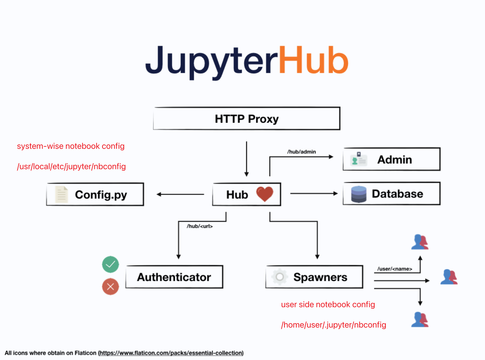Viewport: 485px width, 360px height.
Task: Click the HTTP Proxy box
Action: [x=247, y=119]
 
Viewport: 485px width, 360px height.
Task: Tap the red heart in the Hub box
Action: [x=264, y=194]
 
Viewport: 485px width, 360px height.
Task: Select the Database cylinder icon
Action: [x=359, y=194]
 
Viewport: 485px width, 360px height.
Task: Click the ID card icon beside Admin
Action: [x=359, y=159]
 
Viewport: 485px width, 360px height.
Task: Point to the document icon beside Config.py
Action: [x=62, y=194]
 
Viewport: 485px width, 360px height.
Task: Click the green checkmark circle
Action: [x=110, y=264]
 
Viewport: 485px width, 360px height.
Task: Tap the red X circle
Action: [x=110, y=286]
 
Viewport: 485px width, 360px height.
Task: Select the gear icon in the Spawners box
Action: [x=280, y=277]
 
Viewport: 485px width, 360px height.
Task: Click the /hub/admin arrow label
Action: [x=302, y=152]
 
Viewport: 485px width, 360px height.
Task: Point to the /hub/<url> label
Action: [x=200, y=226]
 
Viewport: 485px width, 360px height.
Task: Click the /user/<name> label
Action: [x=395, y=269]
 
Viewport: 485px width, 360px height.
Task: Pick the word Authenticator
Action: [x=174, y=277]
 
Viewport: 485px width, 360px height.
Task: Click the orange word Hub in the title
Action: [x=313, y=60]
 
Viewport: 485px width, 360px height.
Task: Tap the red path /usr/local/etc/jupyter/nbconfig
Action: [x=71, y=167]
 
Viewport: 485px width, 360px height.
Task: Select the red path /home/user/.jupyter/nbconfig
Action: [x=334, y=325]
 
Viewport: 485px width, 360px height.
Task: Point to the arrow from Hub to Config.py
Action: [x=180, y=194]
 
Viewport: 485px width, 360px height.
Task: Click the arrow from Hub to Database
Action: [x=314, y=193]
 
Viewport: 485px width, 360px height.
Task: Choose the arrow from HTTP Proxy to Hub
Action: [x=246, y=159]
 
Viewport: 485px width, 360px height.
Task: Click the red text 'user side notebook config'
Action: [x=328, y=305]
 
